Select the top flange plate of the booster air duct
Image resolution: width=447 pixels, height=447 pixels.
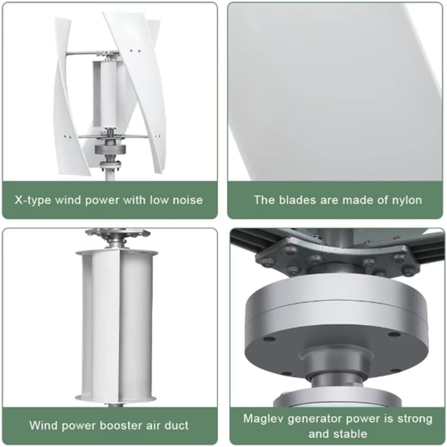click(x=117, y=252)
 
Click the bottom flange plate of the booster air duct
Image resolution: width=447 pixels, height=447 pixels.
click(x=117, y=398)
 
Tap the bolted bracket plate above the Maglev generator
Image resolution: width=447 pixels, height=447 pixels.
click(x=338, y=260)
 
